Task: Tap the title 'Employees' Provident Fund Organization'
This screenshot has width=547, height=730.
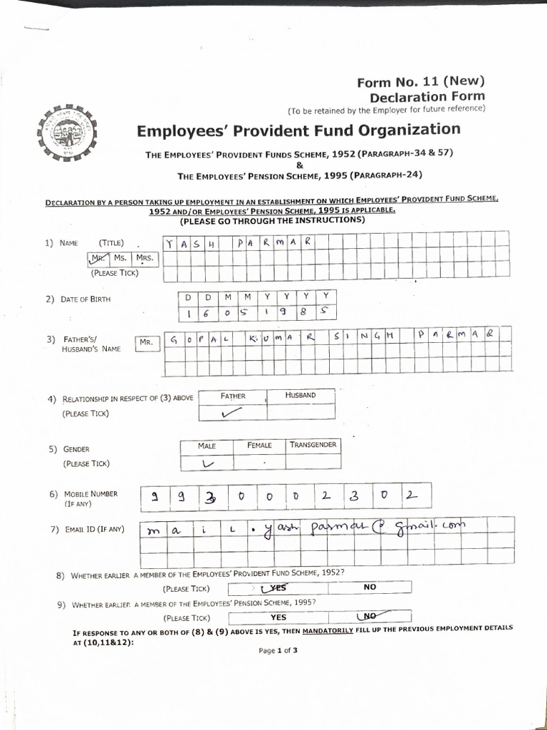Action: [x=298, y=130]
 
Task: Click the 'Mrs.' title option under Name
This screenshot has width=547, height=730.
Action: [x=145, y=258]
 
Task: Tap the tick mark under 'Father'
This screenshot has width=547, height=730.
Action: [x=231, y=412]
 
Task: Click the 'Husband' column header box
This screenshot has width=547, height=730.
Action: [x=300, y=396]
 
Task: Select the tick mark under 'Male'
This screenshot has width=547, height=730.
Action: [x=208, y=463]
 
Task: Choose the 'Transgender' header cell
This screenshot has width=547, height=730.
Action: [x=313, y=446]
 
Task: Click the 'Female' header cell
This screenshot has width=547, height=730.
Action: [x=259, y=446]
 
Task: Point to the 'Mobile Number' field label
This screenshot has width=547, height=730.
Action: [x=90, y=493]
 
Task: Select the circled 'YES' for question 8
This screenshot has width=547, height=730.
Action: [x=273, y=588]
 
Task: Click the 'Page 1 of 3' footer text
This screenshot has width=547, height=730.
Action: [x=278, y=650]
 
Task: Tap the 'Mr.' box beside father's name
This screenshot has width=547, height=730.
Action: [x=147, y=342]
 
